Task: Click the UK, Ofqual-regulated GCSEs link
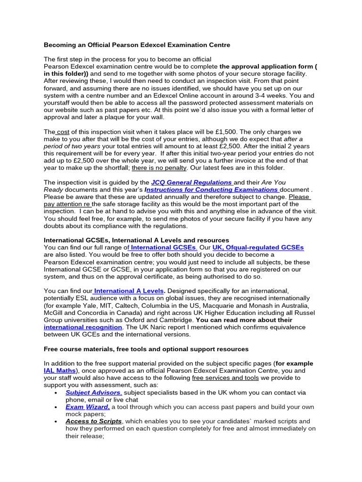(x=258, y=247)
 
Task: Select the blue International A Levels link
(x=129, y=291)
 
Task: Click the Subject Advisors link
(x=93, y=392)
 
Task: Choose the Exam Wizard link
(x=87, y=407)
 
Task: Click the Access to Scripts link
(x=93, y=421)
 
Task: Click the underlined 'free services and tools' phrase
(x=225, y=378)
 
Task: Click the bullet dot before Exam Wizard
(x=56, y=407)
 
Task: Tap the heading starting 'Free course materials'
(x=146, y=349)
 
